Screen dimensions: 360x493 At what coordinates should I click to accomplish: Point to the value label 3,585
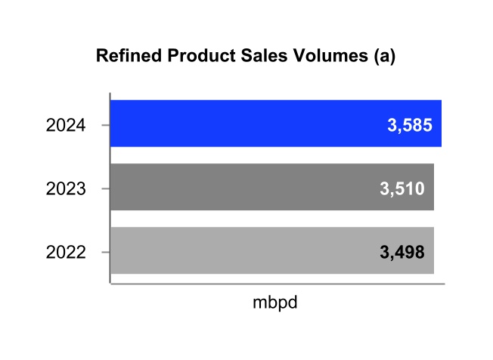tap(409, 125)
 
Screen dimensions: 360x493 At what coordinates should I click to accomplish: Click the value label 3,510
tap(401, 188)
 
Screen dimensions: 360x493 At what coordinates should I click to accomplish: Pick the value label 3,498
tap(401, 252)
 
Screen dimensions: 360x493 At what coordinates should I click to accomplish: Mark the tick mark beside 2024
tap(107, 124)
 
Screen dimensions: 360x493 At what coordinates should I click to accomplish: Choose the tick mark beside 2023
tap(107, 188)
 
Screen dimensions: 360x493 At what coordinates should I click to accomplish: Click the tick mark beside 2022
tap(107, 251)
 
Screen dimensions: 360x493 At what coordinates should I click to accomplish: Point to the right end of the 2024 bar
tap(441, 123)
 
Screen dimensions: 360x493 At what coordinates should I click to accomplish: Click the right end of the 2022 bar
tap(433, 250)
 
